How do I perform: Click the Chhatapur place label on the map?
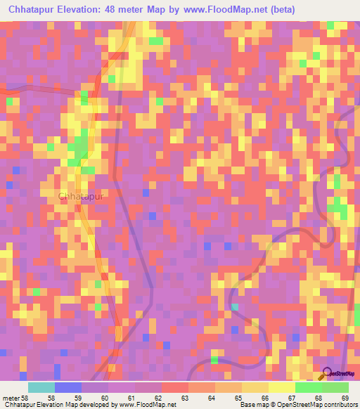click(x=80, y=197)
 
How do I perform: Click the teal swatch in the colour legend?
click(x=41, y=387)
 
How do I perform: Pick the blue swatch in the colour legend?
click(x=68, y=387)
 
